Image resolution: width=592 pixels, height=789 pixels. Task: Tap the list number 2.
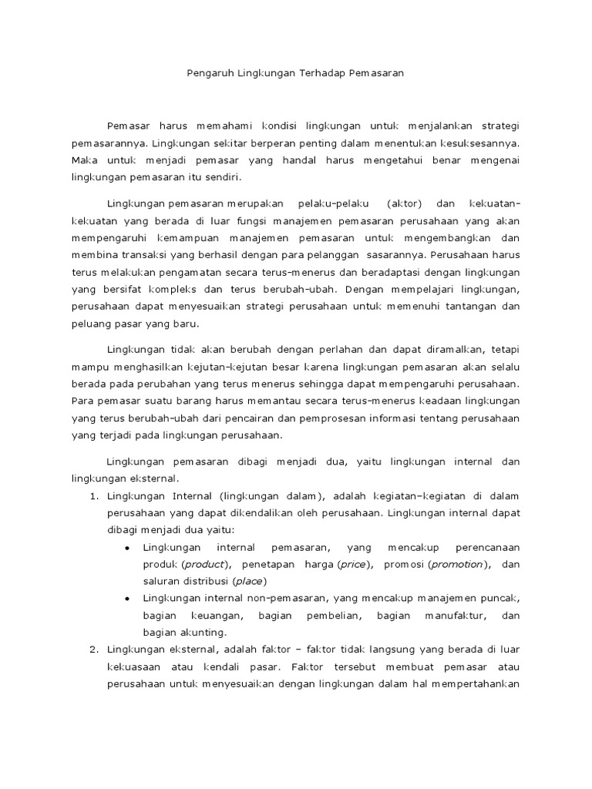(x=93, y=650)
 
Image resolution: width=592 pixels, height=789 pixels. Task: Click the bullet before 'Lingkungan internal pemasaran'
(x=126, y=548)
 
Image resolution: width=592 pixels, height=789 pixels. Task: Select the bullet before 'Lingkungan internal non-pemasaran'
(x=126, y=599)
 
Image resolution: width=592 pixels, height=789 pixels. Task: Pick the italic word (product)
(x=207, y=565)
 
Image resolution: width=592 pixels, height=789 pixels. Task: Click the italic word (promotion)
(x=459, y=565)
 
